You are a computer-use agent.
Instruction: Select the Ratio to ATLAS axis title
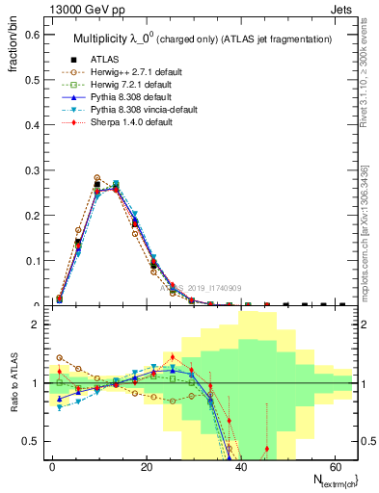14,383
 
